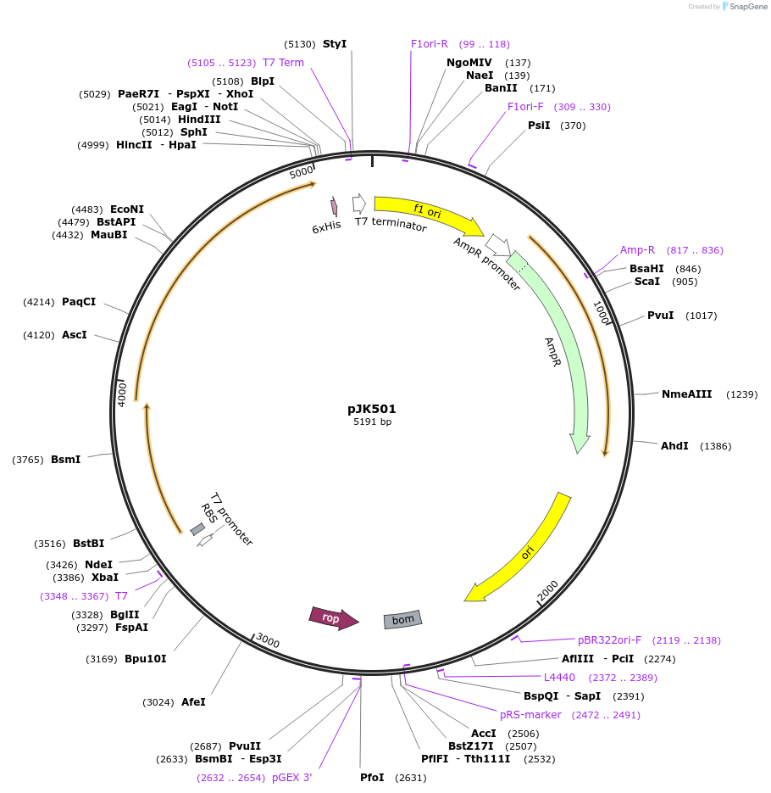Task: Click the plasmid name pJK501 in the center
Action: pyautogui.click(x=372, y=409)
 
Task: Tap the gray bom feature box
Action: pyautogui.click(x=402, y=620)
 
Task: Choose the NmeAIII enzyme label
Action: pyautogui.click(x=686, y=394)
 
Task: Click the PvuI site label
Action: pyautogui.click(x=660, y=316)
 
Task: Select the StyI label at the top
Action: pyautogui.click(x=335, y=44)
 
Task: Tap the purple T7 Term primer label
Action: pyautogui.click(x=283, y=63)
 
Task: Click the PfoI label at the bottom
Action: pyautogui.click(x=372, y=778)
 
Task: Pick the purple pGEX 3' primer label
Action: pyautogui.click(x=291, y=778)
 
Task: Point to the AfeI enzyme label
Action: pyautogui.click(x=193, y=702)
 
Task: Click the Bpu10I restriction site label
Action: pyautogui.click(x=146, y=659)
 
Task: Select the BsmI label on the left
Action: pyautogui.click(x=65, y=460)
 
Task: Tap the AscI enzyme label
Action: pyautogui.click(x=75, y=335)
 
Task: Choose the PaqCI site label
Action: pyautogui.click(x=79, y=302)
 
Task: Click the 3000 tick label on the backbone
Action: pyautogui.click(x=268, y=640)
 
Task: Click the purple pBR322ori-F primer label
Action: pyautogui.click(x=609, y=640)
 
